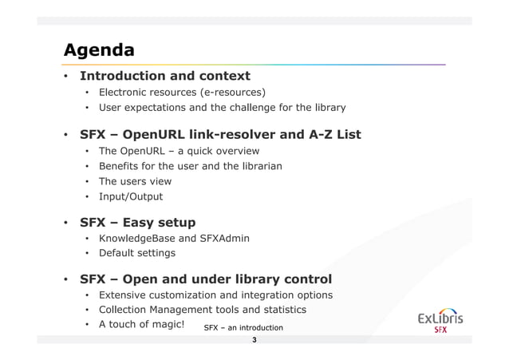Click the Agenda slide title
pyautogui.click(x=99, y=50)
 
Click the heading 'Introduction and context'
pyautogui.click(x=164, y=77)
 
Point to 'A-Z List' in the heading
pyautogui.click(x=328, y=134)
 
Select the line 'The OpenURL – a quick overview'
pyautogui.click(x=179, y=151)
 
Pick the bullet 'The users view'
pyautogui.click(x=135, y=181)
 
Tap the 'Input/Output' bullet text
pyautogui.click(x=130, y=196)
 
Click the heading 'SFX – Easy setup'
pyautogui.click(x=137, y=222)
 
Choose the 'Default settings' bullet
pyautogui.click(x=136, y=254)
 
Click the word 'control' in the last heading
pyautogui.click(x=302, y=279)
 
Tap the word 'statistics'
pyautogui.click(x=280, y=310)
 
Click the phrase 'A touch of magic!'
pyautogui.click(x=141, y=325)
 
